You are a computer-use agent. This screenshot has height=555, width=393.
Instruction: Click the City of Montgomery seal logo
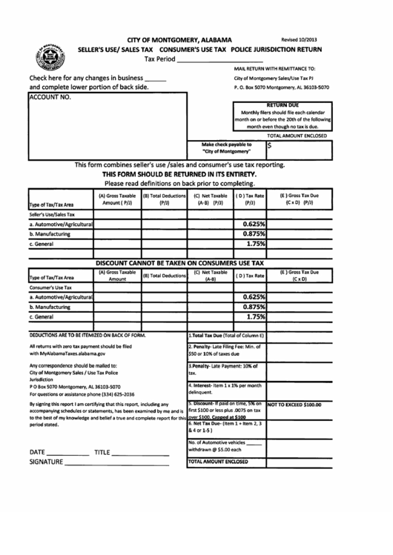pos(49,56)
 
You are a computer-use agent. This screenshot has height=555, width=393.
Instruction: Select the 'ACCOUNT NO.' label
pos(50,96)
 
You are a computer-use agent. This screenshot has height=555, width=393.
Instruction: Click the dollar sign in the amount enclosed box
pos(271,146)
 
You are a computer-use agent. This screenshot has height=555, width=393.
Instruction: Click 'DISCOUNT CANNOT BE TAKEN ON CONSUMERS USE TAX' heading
pos(180,263)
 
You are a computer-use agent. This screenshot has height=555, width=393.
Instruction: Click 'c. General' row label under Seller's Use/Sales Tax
pos(41,243)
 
